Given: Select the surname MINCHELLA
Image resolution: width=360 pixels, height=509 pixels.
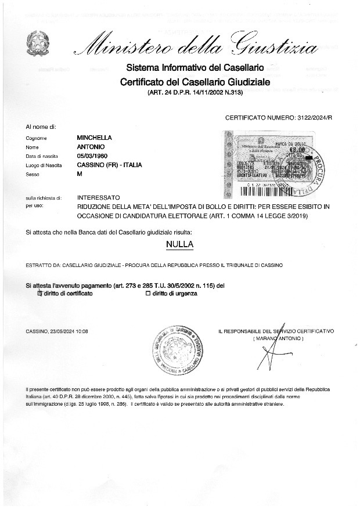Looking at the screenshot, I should (x=95, y=138).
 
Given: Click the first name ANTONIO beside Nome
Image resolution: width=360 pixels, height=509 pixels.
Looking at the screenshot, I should (x=91, y=147).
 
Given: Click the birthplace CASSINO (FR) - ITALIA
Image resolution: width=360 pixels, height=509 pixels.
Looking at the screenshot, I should (x=110, y=165).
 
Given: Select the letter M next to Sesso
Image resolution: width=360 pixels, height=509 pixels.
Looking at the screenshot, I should (x=80, y=174).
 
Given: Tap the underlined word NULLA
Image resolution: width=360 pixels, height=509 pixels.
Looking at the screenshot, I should (x=179, y=244).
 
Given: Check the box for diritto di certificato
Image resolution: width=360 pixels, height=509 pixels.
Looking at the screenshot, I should (x=40, y=294).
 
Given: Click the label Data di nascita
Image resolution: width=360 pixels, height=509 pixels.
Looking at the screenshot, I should (x=42, y=156).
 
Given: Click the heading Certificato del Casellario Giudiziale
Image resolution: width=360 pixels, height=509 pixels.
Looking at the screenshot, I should (x=195, y=82).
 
